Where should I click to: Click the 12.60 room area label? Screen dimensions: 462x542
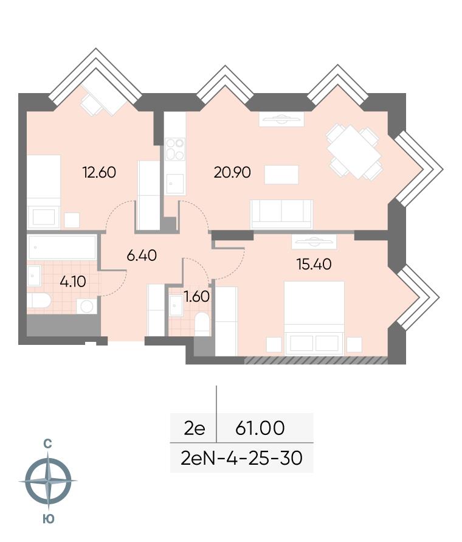pos(99,172)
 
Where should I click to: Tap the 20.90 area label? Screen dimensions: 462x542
pos(232,172)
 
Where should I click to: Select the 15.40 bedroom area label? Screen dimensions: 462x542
pos(314,265)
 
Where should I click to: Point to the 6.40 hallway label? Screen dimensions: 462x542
pos(142,255)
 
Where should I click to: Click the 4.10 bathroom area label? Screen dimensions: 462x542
pos(73,282)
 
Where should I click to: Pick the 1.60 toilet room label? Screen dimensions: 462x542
pos(196,297)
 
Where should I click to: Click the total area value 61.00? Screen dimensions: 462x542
pos(260,428)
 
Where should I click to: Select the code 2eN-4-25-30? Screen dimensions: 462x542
pos(241,458)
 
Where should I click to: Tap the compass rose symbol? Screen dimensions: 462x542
pos(48,481)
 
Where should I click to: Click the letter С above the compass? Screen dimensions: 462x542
pos(47,444)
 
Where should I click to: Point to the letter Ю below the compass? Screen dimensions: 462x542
pos(49,519)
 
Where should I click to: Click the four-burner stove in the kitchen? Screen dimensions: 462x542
pos(175,149)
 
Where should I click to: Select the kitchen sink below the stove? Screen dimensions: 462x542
pos(175,184)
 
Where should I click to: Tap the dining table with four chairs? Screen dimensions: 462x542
pos(354,153)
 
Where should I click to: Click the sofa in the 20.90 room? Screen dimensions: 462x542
pos(282,214)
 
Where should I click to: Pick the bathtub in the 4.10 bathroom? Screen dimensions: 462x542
pos(62,247)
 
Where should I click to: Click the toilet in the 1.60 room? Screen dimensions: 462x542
pos(202,324)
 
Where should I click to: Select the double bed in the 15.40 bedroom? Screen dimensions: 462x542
pos(314,318)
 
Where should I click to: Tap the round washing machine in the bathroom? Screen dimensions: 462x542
pos(86,306)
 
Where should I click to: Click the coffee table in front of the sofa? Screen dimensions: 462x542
pos(281,175)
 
